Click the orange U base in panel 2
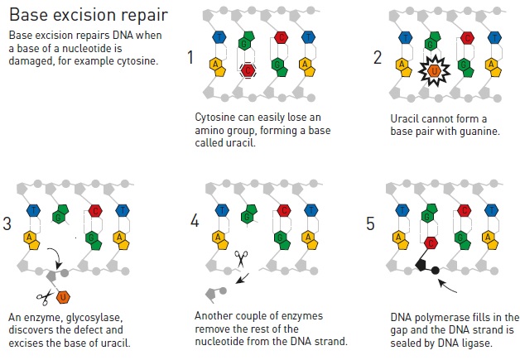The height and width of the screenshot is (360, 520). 434,70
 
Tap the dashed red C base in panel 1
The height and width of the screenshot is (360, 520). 248,70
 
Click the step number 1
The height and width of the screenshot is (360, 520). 190,57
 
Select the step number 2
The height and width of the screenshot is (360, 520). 378,57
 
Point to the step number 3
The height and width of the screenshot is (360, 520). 7,223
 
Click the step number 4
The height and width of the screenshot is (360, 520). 195,220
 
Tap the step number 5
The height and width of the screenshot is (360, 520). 370,223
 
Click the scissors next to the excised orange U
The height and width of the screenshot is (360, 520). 45,297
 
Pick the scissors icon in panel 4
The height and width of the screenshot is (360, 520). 241,258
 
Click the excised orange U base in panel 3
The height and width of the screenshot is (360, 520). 63,297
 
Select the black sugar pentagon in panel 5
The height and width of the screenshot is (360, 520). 421,265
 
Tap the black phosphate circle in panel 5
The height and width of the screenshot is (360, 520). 435,271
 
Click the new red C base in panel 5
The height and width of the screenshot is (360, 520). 431,243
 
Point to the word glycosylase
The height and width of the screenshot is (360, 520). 94,318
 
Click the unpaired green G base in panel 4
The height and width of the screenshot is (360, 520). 249,214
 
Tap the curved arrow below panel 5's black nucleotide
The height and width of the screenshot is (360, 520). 447,286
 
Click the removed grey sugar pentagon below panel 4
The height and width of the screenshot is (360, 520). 211,294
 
